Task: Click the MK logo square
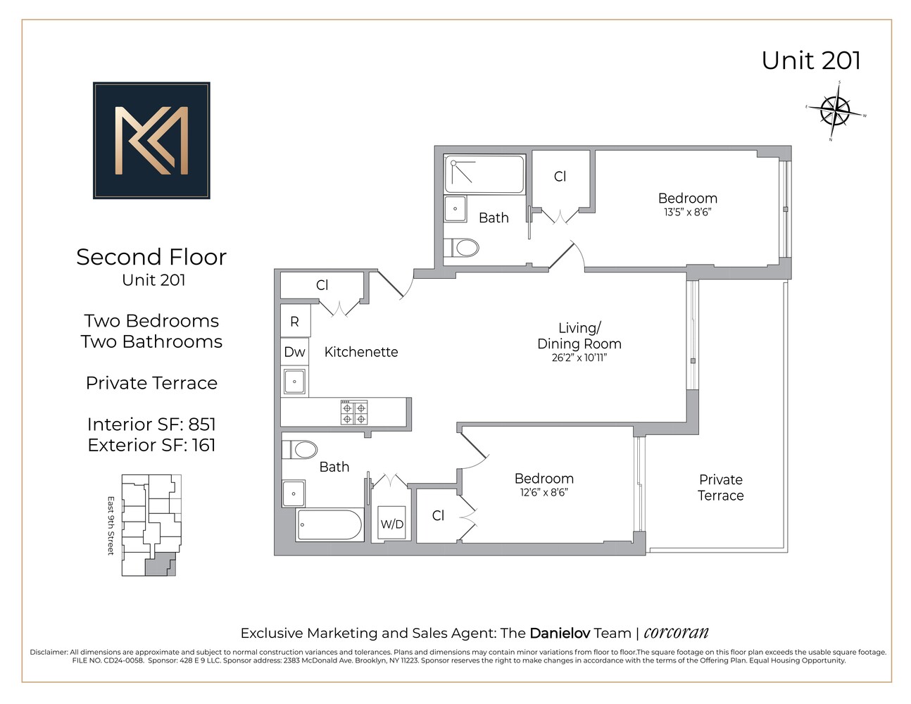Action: click(151, 140)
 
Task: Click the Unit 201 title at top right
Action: click(811, 61)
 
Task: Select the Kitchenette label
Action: click(360, 352)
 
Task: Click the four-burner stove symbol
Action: click(354, 413)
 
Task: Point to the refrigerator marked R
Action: click(294, 322)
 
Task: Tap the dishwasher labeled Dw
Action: click(294, 352)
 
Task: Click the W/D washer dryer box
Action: click(392, 523)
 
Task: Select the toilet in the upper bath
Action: click(465, 247)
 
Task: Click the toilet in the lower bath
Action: click(301, 449)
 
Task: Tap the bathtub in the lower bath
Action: click(329, 525)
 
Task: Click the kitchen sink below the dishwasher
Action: click(294, 382)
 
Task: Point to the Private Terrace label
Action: click(720, 487)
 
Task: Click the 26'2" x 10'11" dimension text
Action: click(579, 358)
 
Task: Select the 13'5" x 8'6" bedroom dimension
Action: click(687, 212)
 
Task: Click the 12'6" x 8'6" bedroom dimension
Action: click(544, 492)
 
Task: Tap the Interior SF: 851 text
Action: click(151, 424)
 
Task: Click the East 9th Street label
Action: click(111, 525)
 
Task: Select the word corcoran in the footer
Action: click(676, 632)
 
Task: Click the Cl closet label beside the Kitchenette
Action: click(322, 285)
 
